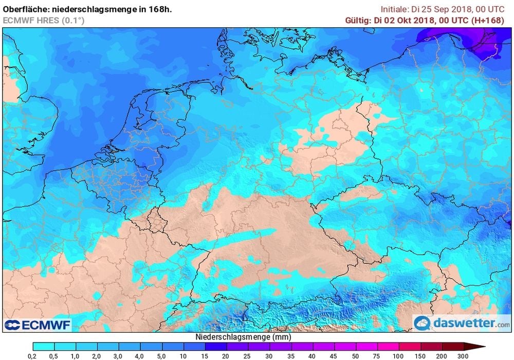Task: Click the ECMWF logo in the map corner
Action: pos(37,325)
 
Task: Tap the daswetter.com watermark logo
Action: pos(462,323)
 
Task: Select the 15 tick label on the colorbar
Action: pos(205,355)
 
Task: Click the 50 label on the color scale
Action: pos(356,355)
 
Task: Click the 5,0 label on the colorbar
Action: pos(161,355)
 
